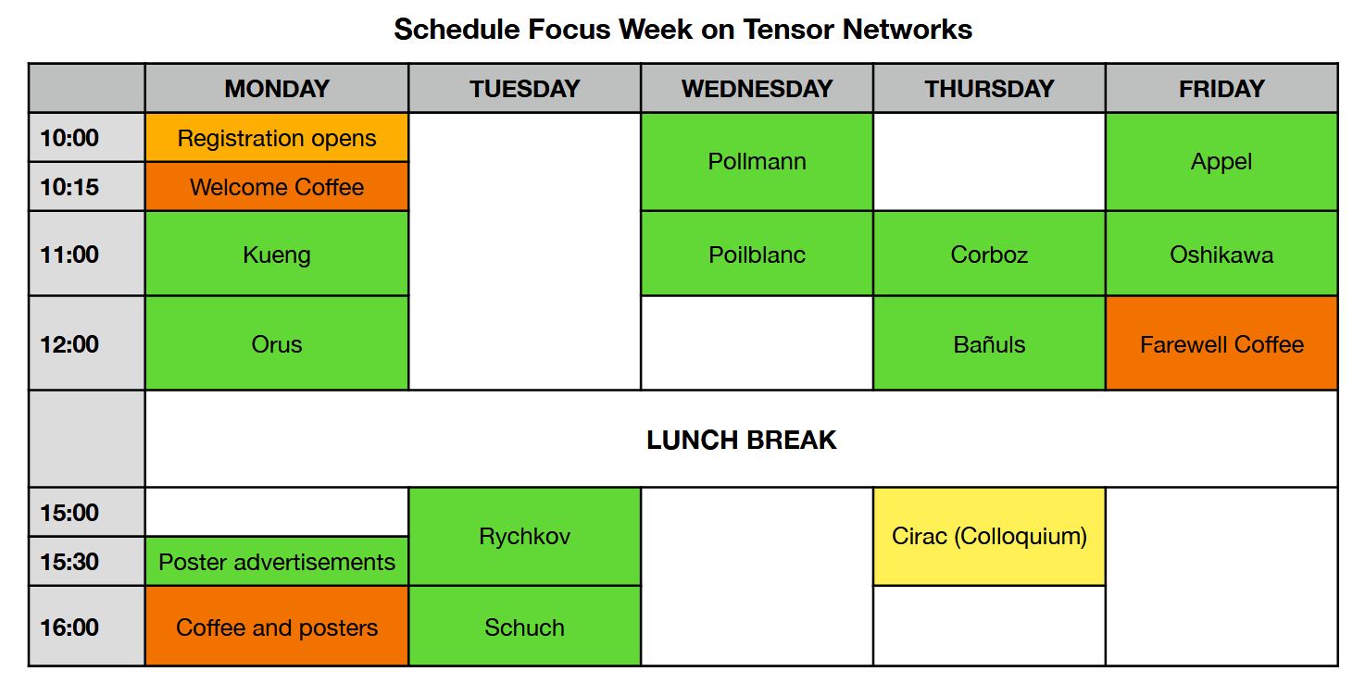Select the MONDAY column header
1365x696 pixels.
tap(277, 88)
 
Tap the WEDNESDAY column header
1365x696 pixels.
tap(757, 88)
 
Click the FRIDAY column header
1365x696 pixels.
tap(1221, 88)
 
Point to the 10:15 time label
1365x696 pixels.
tap(69, 187)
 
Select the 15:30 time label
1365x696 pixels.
tap(69, 562)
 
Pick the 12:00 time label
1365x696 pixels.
tap(69, 344)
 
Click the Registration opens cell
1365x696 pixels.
tap(277, 138)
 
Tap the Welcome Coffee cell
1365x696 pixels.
tap(277, 187)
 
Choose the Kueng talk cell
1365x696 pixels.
tap(277, 254)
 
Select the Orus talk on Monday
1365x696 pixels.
tap(277, 343)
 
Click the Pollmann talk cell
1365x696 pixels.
tap(757, 161)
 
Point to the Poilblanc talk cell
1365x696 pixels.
tap(757, 254)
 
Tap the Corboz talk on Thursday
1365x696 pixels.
tap(989, 254)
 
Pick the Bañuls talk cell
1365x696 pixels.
tap(989, 343)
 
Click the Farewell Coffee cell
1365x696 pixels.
tap(1221, 343)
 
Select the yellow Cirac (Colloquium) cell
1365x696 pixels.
tap(989, 537)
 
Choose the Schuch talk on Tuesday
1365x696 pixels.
tap(525, 626)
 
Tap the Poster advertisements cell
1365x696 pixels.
tap(277, 562)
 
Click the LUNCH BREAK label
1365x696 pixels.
tap(741, 440)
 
